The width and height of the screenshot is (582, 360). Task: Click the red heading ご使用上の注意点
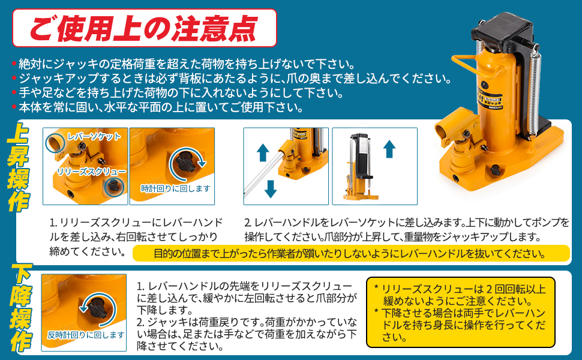pyautogui.click(x=144, y=27)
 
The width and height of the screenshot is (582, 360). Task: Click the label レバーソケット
pyautogui.click(x=94, y=137)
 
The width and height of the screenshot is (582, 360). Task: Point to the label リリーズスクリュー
pyautogui.click(x=91, y=172)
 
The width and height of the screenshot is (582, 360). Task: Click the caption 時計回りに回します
pyautogui.click(x=176, y=188)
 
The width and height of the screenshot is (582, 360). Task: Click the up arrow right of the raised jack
pyautogui.click(x=389, y=148)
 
